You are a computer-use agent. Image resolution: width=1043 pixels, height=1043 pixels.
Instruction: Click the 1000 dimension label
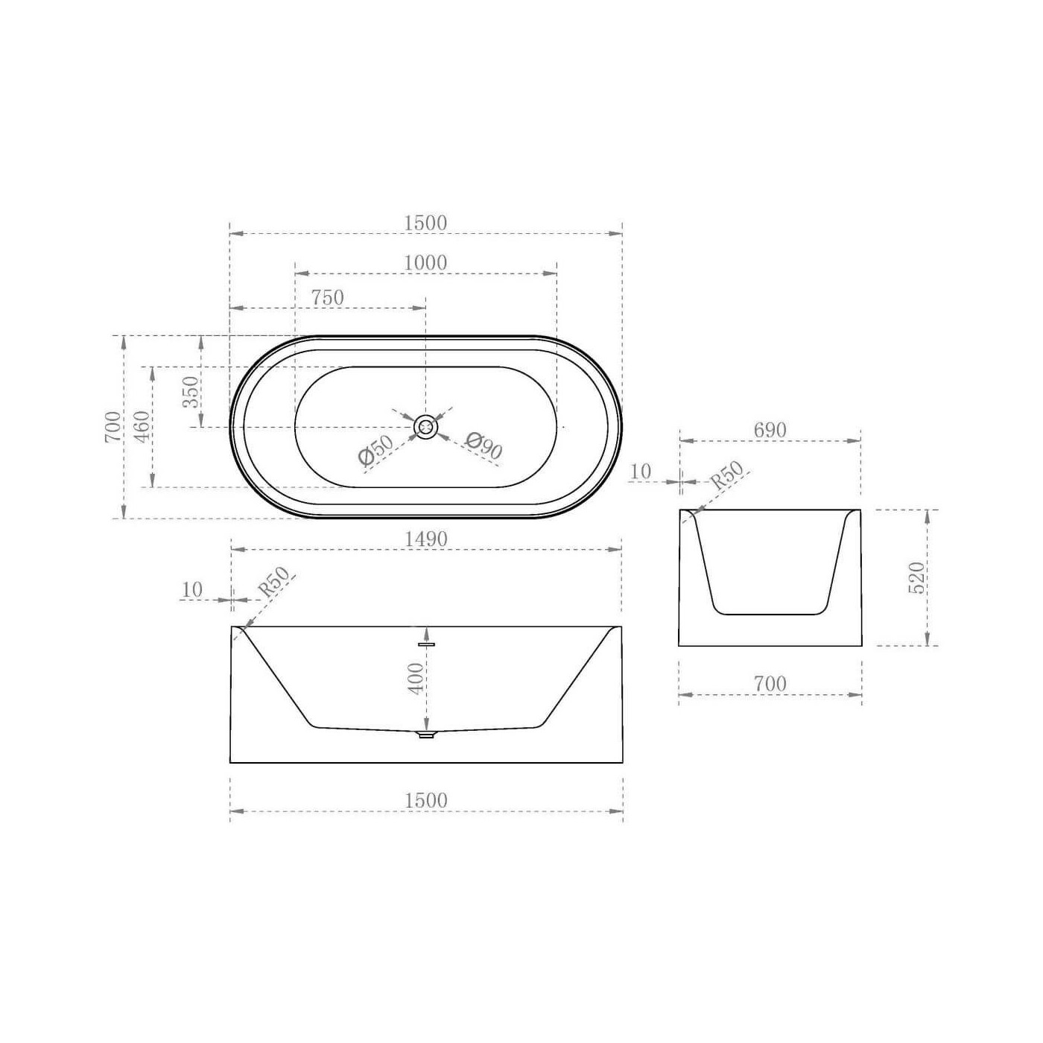[x=425, y=262]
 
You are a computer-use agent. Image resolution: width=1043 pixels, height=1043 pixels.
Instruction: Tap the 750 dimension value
[x=328, y=297]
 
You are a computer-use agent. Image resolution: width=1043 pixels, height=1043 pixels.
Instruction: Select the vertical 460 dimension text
[x=142, y=426]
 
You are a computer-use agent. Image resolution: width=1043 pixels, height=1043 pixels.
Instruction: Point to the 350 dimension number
[x=191, y=392]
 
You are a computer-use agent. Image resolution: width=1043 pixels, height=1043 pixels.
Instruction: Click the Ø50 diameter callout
[x=375, y=450]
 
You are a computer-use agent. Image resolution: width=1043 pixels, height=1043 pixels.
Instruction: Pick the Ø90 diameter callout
[x=484, y=445]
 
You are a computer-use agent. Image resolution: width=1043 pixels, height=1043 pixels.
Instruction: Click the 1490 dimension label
[x=426, y=539]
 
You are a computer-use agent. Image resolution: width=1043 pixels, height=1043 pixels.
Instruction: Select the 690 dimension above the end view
[x=770, y=430]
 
